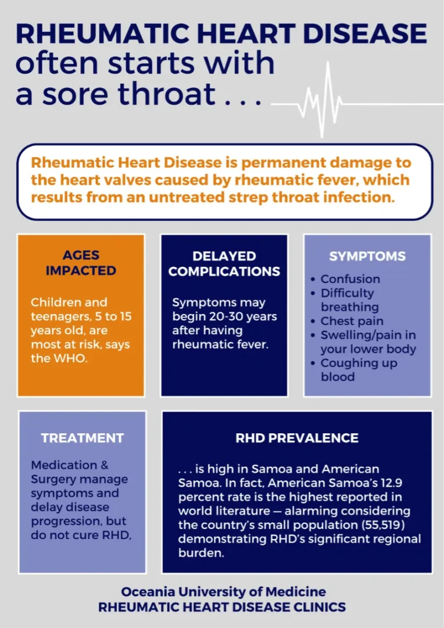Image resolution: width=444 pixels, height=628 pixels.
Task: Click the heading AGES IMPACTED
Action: tap(81, 263)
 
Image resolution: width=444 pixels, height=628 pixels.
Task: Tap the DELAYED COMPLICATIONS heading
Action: tap(224, 263)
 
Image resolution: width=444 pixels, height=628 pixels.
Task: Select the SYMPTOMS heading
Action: tap(367, 256)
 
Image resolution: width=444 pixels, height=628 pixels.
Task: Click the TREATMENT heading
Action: tap(82, 438)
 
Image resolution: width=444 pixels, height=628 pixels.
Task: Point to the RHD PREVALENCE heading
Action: tap(297, 438)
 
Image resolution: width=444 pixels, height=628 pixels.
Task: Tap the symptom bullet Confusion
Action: tap(350, 279)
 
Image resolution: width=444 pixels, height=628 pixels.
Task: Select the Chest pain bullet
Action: tap(352, 321)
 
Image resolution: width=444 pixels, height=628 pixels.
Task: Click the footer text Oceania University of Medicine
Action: tap(224, 591)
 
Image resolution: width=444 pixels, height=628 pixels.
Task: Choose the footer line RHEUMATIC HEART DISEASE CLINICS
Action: tap(222, 607)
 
